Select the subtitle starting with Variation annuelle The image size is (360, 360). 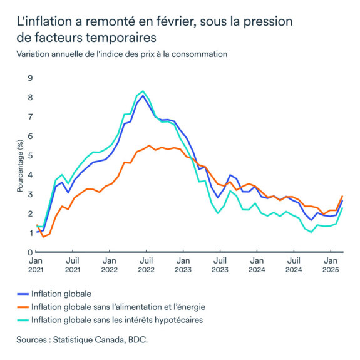tap(122, 54)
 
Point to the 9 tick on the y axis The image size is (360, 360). tap(29, 78)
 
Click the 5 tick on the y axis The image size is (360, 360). tap(29, 155)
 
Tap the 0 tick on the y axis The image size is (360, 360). tap(29, 252)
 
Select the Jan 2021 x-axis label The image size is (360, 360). tap(36, 264)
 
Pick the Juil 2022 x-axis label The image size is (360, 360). tap(146, 264)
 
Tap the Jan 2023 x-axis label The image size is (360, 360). tap(183, 264)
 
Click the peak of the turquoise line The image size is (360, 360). tap(143, 91)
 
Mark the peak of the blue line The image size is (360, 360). tap(143, 96)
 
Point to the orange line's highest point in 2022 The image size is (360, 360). tap(149, 145)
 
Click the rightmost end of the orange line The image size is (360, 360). tap(342, 196)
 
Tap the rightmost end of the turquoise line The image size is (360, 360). tap(342, 208)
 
